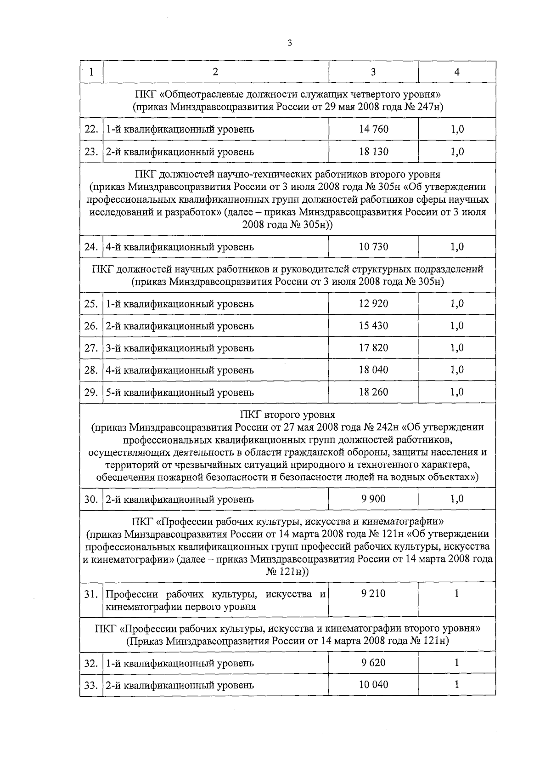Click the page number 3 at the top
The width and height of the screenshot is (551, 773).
tap(289, 43)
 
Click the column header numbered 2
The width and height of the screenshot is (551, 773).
tap(215, 72)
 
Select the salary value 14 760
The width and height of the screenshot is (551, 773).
tap(373, 129)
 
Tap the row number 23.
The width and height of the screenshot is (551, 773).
tap(91, 152)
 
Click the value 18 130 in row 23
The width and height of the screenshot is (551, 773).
tap(373, 152)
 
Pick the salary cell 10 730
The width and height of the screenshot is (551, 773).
tap(373, 247)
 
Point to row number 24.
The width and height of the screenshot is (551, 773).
tap(91, 247)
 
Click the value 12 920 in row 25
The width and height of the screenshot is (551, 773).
tap(373, 304)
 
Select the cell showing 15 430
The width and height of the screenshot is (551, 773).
tap(373, 326)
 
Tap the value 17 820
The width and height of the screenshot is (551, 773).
tap(373, 348)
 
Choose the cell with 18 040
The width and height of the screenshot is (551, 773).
tap(373, 370)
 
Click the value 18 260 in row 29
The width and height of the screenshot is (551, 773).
tap(373, 392)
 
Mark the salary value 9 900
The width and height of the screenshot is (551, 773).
tap(373, 499)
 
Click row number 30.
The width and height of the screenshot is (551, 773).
tap(91, 499)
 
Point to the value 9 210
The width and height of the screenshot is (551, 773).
tap(373, 594)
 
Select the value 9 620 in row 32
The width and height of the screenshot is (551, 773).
tap(373, 663)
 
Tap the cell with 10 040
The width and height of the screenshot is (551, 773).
tap(373, 685)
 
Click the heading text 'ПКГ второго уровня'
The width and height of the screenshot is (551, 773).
tap(287, 415)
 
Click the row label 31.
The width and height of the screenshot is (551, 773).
tap(91, 594)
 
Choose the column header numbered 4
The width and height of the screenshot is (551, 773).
tap(457, 72)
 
